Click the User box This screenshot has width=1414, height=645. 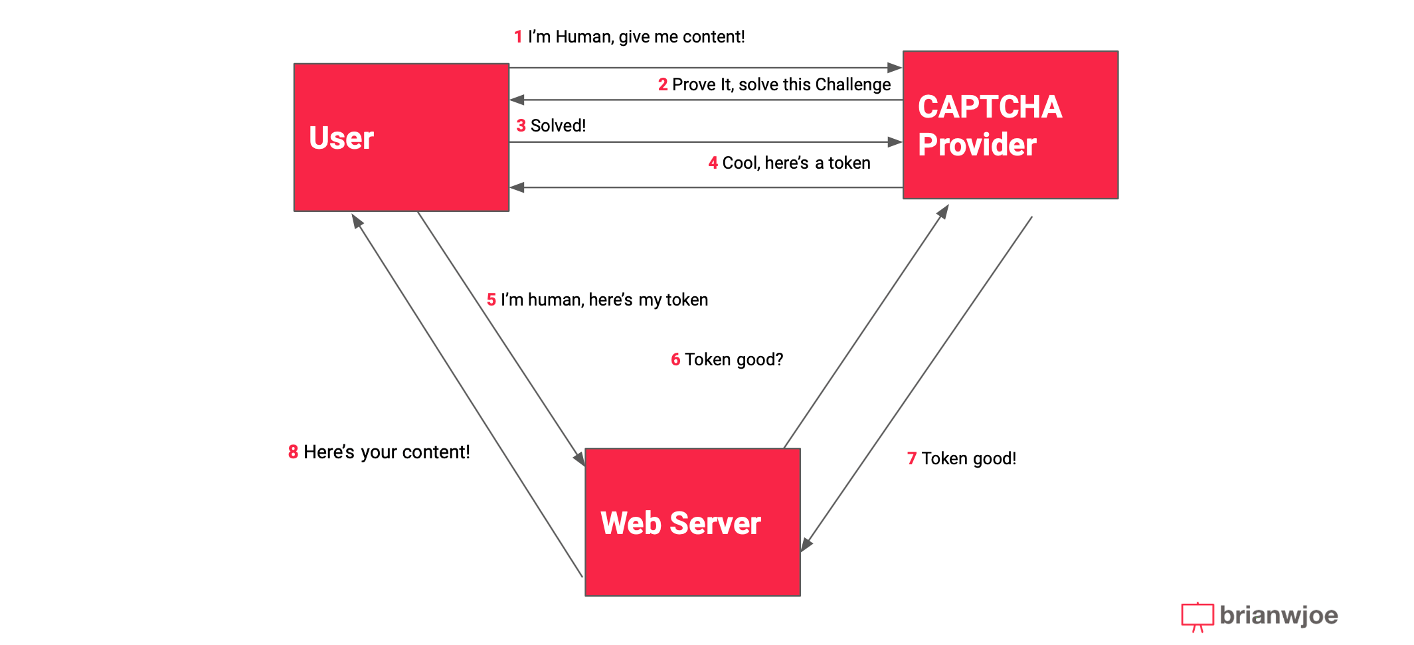point(401,138)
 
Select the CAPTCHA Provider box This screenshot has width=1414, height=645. point(1010,125)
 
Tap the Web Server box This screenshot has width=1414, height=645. point(692,522)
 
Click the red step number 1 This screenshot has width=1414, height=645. point(518,37)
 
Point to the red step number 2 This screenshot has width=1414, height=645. point(662,85)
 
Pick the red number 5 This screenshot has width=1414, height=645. point(491,300)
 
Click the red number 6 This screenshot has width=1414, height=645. point(675,360)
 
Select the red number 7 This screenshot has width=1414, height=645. point(912,459)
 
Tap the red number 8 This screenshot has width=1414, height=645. point(293,452)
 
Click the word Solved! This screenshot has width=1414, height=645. point(558,126)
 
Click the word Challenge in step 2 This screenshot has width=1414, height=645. point(853,85)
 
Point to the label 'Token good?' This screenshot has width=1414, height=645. point(734,360)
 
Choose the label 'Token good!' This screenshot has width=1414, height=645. point(968,459)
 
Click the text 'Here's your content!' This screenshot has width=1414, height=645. point(387,452)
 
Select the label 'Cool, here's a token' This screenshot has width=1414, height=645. point(796,163)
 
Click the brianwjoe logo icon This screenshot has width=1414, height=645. point(1197,616)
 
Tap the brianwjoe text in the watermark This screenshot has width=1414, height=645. point(1279,616)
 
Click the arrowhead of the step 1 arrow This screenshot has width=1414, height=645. point(895,68)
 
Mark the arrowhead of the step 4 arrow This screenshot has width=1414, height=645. point(517,188)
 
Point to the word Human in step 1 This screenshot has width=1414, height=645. point(584,37)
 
